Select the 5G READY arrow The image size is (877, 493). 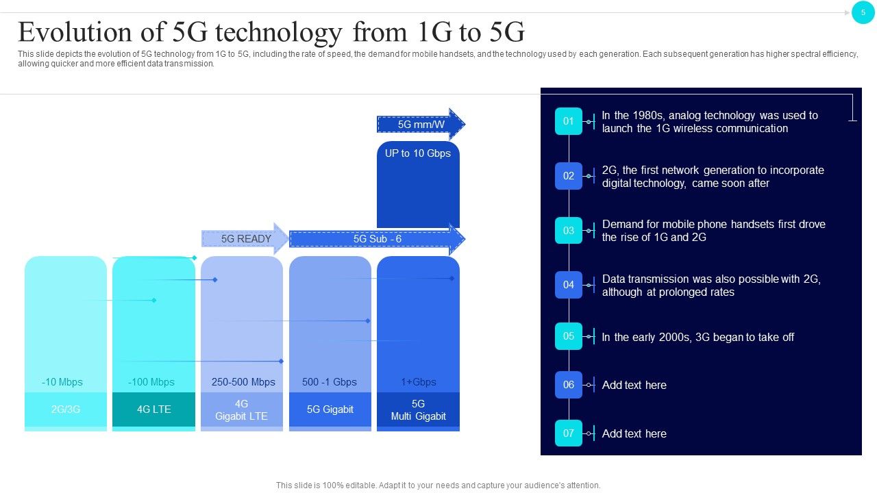pyautogui.click(x=245, y=239)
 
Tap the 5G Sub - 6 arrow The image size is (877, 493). pyautogui.click(x=377, y=239)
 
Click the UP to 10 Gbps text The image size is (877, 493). pyautogui.click(x=418, y=153)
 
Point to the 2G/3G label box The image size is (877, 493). pyautogui.click(x=66, y=409)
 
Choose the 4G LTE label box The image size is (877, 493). pyautogui.click(x=153, y=409)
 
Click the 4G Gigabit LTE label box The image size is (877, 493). pyautogui.click(x=241, y=410)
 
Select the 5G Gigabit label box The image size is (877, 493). pyautogui.click(x=330, y=409)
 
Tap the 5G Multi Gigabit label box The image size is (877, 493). pyautogui.click(x=418, y=410)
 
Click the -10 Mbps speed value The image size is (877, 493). pyautogui.click(x=62, y=382)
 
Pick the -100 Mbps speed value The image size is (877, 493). pyautogui.click(x=151, y=382)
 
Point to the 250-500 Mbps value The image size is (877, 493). pyautogui.click(x=243, y=382)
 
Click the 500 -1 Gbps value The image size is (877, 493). pyautogui.click(x=330, y=382)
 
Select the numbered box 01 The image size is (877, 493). pyautogui.click(x=569, y=121)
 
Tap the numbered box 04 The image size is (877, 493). pyautogui.click(x=569, y=285)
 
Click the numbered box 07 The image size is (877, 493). pyautogui.click(x=569, y=433)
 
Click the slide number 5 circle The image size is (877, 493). pyautogui.click(x=863, y=12)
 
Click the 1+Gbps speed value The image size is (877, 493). pyautogui.click(x=419, y=382)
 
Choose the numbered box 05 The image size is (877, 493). pyautogui.click(x=569, y=336)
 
